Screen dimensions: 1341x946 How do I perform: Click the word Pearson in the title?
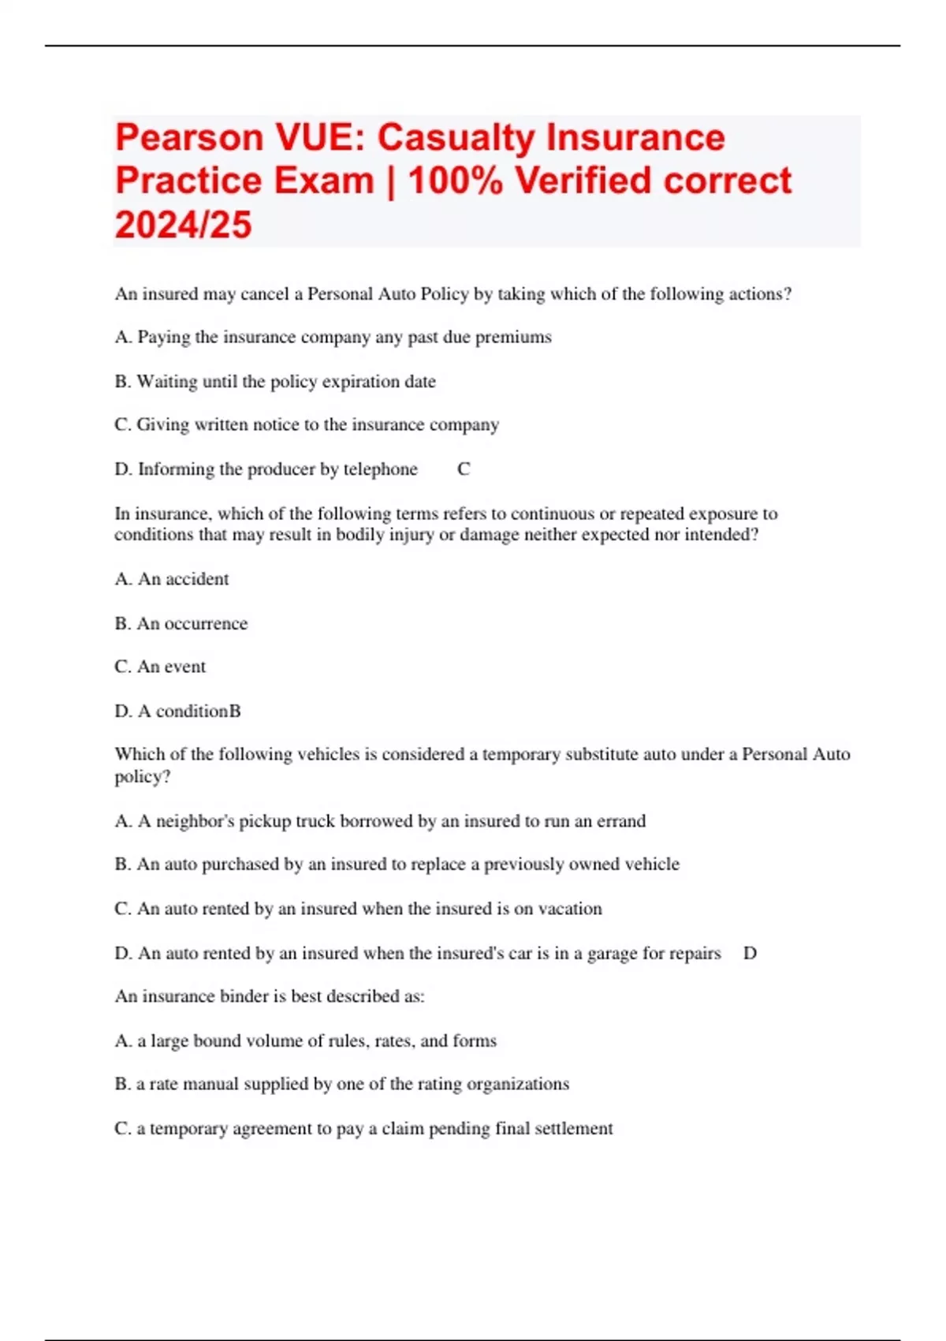[189, 138]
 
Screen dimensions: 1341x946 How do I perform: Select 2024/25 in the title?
[183, 225]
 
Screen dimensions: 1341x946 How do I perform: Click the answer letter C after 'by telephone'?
[464, 469]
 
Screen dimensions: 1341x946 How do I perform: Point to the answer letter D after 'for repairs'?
[750, 953]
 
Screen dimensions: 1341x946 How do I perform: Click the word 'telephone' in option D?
[380, 469]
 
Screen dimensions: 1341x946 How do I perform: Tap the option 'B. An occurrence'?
[181, 624]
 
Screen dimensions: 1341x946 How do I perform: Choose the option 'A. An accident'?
[172, 579]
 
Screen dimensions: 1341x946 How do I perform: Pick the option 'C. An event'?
[160, 667]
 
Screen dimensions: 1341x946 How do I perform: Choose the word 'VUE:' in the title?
[320, 138]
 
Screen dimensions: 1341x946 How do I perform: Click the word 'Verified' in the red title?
[583, 181]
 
